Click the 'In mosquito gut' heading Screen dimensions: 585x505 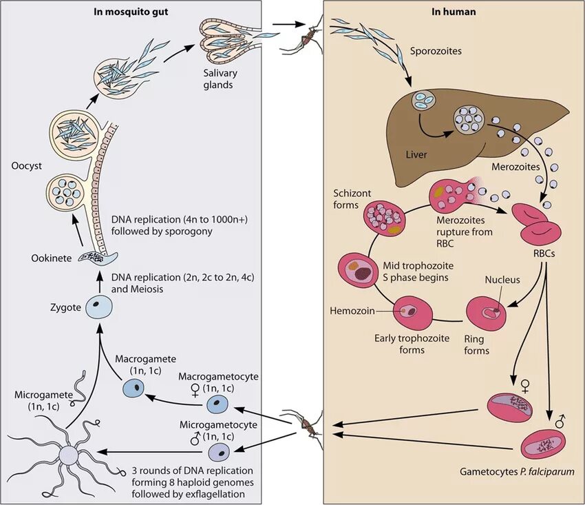pyautogui.click(x=131, y=12)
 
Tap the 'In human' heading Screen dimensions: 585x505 pyautogui.click(x=454, y=12)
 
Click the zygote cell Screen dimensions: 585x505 pyautogui.click(x=99, y=307)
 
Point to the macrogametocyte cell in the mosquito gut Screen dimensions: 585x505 pyautogui.click(x=217, y=404)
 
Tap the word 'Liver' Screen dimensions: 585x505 pyautogui.click(x=416, y=154)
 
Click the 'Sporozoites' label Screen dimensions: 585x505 pyautogui.click(x=436, y=51)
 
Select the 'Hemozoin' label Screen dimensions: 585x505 pyautogui.click(x=352, y=311)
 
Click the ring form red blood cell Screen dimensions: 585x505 pyautogui.click(x=487, y=312)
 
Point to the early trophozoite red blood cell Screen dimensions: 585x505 pyautogui.click(x=413, y=312)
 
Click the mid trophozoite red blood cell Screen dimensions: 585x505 pyautogui.click(x=357, y=270)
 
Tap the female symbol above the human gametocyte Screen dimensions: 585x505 pyautogui.click(x=525, y=387)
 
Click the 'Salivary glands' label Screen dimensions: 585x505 pyautogui.click(x=220, y=79)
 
